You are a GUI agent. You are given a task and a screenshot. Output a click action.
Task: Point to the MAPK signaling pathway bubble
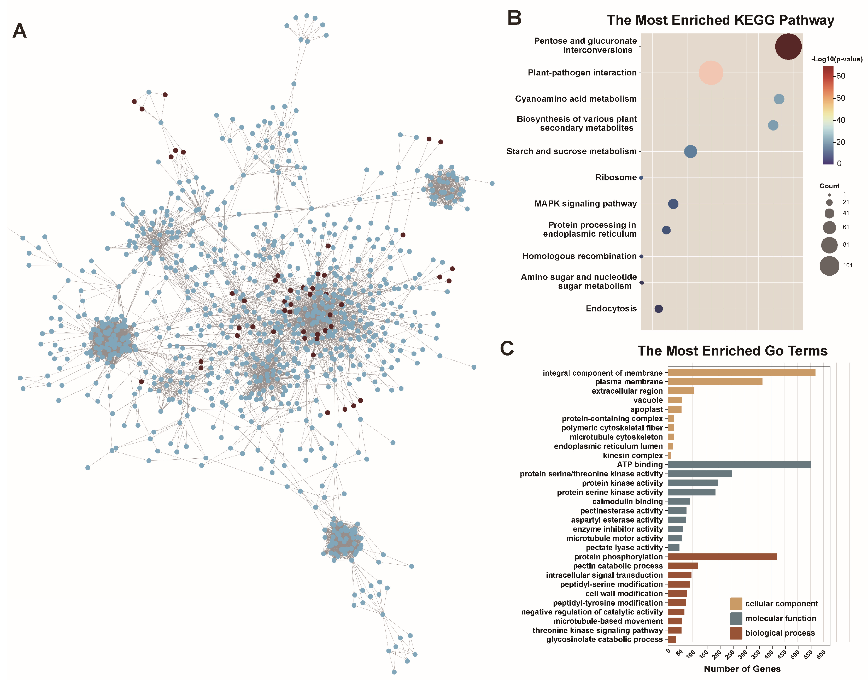pyautogui.click(x=673, y=204)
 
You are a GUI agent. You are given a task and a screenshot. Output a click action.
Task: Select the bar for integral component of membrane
pyautogui.click(x=741, y=373)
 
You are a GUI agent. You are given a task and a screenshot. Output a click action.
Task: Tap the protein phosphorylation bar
pyautogui.click(x=722, y=557)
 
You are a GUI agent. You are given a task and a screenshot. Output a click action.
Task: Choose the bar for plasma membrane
pyautogui.click(x=715, y=381)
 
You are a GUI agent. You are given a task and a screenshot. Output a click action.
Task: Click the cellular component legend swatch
pyautogui.click(x=735, y=604)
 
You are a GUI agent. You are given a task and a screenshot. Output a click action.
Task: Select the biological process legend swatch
pyautogui.click(x=735, y=633)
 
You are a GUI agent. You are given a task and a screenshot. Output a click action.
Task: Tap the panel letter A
pyautogui.click(x=20, y=31)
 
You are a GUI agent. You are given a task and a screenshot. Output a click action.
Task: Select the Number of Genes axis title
pyautogui.click(x=742, y=669)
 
